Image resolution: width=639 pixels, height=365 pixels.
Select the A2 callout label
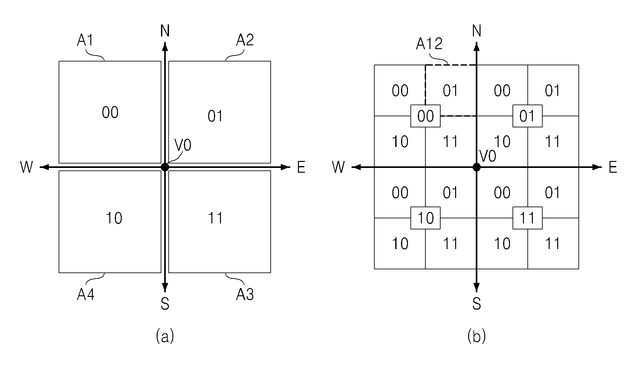[245, 41]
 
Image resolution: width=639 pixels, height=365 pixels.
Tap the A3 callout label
[245, 295]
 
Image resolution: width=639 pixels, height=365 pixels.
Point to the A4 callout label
[86, 295]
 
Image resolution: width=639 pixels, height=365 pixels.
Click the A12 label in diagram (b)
[429, 44]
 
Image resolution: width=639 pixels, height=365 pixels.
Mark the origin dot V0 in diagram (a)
[165, 167]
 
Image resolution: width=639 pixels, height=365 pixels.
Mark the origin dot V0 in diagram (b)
[476, 167]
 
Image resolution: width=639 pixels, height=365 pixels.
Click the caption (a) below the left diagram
[165, 336]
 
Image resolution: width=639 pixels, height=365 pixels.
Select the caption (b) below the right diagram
[476, 336]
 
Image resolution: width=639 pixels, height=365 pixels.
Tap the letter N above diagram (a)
[165, 31]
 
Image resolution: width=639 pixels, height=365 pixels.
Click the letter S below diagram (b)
[476, 304]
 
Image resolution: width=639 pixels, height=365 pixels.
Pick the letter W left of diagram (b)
[338, 167]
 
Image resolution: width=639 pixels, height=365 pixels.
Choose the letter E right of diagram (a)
[301, 167]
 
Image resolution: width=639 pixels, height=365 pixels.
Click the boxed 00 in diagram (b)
[425, 116]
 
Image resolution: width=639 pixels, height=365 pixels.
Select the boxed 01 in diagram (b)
[527, 116]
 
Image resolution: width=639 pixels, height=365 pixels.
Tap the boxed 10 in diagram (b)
[425, 218]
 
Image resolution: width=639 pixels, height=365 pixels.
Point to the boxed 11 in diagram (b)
[527, 218]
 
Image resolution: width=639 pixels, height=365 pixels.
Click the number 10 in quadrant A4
[114, 218]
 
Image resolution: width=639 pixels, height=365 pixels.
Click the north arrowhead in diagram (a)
[165, 47]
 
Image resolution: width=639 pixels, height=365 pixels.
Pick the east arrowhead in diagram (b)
[597, 167]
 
